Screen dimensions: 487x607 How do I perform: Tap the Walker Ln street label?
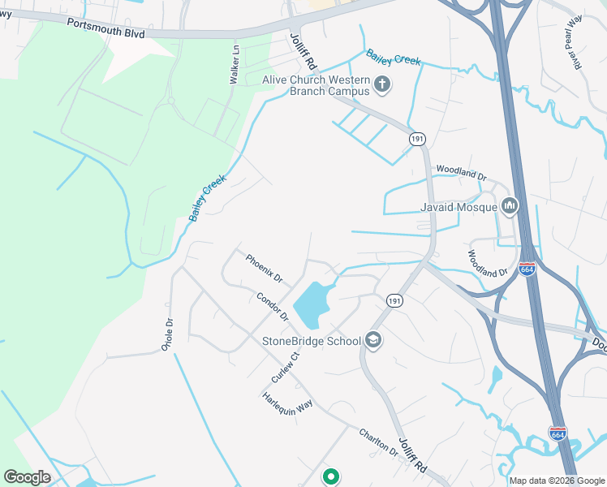point(235,65)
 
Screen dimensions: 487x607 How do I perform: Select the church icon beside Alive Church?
point(382,84)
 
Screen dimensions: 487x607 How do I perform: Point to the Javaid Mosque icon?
point(510,207)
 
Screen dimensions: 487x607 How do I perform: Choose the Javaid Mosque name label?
point(458,208)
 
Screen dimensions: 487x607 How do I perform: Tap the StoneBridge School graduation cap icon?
point(373,340)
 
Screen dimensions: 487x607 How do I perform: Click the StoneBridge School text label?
point(311,341)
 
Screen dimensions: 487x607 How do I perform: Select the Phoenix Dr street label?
point(264,268)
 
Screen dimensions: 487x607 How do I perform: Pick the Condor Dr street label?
point(272,306)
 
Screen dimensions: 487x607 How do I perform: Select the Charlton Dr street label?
point(378,442)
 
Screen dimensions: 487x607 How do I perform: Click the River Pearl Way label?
point(575,42)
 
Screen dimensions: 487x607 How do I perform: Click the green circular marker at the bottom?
point(330,477)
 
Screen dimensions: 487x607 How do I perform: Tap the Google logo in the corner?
point(27,477)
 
